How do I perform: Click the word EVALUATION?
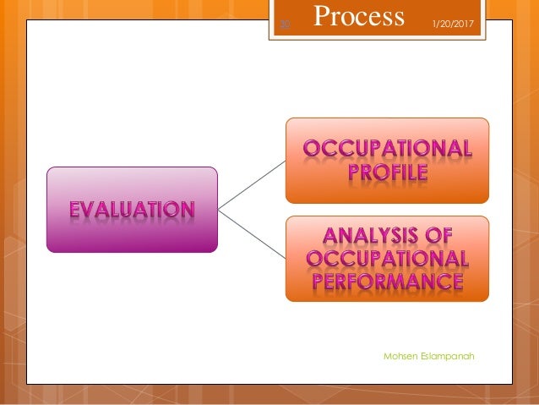pyautogui.click(x=131, y=209)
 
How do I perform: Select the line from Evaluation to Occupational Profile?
pyautogui.click(x=252, y=184)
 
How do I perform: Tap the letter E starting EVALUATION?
pyautogui.click(x=75, y=209)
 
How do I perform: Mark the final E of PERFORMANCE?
pyautogui.click(x=455, y=280)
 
